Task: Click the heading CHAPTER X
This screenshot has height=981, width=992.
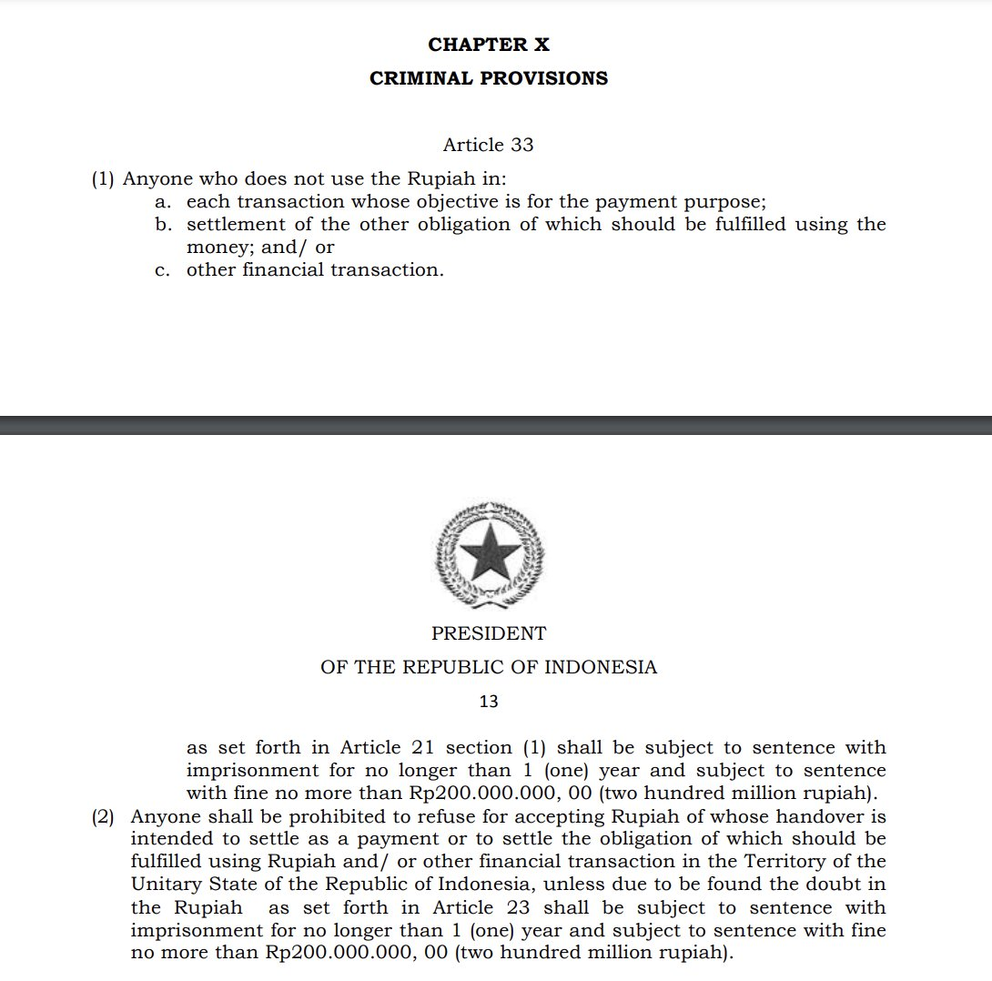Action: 489,45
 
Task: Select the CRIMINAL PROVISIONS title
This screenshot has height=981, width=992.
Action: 489,78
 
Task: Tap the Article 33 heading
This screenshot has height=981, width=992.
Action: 488,145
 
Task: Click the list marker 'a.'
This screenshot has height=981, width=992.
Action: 164,202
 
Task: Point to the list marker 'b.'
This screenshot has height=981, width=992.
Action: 164,225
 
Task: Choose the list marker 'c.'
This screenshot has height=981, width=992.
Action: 163,270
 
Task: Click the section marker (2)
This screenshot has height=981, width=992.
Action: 103,816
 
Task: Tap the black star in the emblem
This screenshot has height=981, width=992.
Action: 490,551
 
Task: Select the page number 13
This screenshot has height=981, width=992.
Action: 489,702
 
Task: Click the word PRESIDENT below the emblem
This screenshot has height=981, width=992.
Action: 489,633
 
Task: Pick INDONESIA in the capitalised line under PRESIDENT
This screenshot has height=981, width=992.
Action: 601,667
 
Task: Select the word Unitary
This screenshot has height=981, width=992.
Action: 164,885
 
